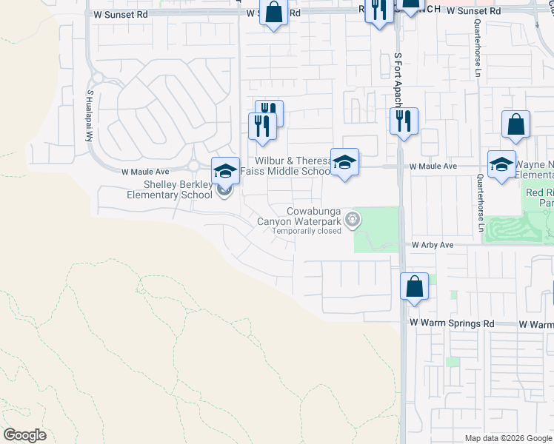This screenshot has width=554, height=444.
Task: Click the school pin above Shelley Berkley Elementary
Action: (226, 172)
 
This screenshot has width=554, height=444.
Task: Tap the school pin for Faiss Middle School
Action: (344, 163)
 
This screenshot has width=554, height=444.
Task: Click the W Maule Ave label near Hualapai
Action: (146, 172)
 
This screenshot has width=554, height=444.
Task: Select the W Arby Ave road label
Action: (433, 244)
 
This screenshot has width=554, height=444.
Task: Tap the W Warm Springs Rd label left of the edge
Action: (452, 324)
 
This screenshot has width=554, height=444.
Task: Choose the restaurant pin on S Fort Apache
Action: (404, 121)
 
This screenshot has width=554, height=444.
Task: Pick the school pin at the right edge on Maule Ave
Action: (501, 164)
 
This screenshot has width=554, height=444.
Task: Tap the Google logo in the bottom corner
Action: (24, 435)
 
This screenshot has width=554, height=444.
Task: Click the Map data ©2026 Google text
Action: (508, 438)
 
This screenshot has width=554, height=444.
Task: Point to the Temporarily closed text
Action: (306, 231)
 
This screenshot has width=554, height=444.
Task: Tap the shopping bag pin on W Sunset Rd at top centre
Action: (273, 13)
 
